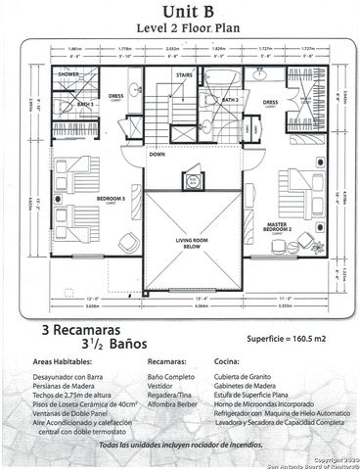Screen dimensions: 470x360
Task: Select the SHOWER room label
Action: (x=68, y=74)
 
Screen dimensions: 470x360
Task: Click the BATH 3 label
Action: (x=85, y=103)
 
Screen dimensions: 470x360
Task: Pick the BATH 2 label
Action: (x=230, y=99)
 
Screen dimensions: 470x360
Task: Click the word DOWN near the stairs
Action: (x=157, y=154)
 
